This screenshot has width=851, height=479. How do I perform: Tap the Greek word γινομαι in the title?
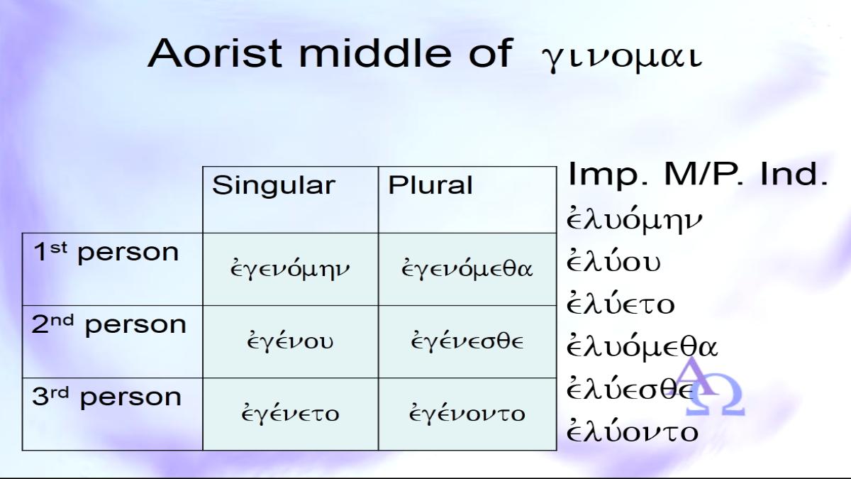(621, 59)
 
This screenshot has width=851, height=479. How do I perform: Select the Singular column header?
(274, 185)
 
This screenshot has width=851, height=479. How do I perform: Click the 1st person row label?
(106, 252)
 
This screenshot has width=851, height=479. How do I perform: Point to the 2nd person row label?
(109, 324)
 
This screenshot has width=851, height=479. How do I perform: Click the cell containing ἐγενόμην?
(290, 268)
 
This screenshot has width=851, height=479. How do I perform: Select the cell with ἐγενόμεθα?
(467, 268)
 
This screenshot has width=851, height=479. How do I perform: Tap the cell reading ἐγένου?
(290, 341)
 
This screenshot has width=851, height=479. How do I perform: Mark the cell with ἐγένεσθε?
(467, 341)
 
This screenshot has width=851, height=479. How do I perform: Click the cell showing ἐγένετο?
(290, 413)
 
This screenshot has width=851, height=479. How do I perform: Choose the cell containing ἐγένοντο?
(467, 413)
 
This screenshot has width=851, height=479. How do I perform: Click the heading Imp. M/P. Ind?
(698, 174)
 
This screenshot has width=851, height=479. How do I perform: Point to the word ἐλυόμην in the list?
(635, 220)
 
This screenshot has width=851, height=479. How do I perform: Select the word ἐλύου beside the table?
(613, 261)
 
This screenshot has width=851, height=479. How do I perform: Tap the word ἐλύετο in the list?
(621, 304)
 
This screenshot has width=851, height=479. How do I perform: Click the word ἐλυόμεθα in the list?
(642, 346)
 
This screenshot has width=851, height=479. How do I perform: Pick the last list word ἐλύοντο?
(632, 431)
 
